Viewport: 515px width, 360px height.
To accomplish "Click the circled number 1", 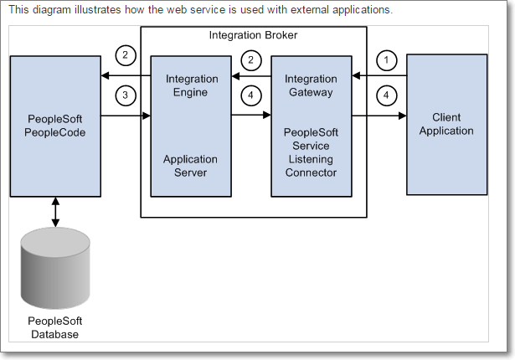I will click(385, 59).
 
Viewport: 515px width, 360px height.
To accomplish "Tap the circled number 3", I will click(124, 95).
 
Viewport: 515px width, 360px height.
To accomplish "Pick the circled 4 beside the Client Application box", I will click(385, 95).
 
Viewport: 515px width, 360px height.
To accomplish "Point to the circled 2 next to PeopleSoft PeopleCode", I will click(124, 56).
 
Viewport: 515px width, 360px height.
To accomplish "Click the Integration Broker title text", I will click(252, 35).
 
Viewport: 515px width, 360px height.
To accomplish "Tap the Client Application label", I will click(446, 124).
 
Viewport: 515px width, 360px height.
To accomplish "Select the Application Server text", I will click(190, 166).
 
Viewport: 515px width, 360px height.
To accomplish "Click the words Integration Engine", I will click(190, 85).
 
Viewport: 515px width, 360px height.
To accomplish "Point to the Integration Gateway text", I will click(311, 85).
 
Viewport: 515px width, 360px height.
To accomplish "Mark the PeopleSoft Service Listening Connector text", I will click(311, 152).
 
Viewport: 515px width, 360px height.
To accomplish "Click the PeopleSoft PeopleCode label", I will click(54, 124).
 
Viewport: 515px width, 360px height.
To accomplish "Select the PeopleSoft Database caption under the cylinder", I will click(55, 328).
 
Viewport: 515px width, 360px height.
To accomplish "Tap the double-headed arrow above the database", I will click(55, 212).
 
